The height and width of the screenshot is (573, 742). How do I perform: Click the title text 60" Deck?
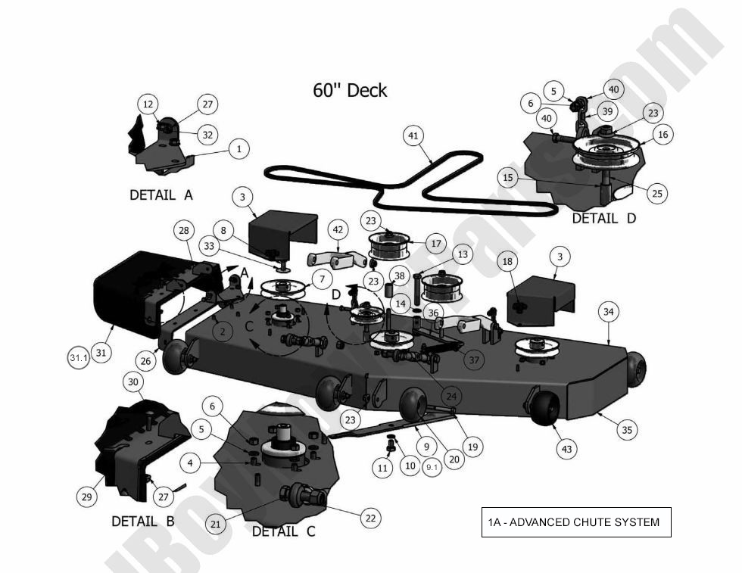pyautogui.click(x=350, y=91)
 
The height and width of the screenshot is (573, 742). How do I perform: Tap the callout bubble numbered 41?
pyautogui.click(x=413, y=136)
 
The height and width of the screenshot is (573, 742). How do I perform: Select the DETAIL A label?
pyautogui.click(x=161, y=195)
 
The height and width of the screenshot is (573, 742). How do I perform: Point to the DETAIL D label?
pyautogui.click(x=603, y=218)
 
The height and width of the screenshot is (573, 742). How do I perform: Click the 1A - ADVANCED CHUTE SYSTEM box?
pyautogui.click(x=575, y=522)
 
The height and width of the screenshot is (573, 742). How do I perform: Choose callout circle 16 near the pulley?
pyautogui.click(x=662, y=135)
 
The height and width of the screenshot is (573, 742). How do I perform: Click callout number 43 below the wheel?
pyautogui.click(x=566, y=449)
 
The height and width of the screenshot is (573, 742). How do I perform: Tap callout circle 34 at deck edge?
pyautogui.click(x=609, y=311)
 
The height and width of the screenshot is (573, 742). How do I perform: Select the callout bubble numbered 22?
pyautogui.click(x=370, y=518)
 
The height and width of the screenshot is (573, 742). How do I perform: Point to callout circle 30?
pyautogui.click(x=133, y=383)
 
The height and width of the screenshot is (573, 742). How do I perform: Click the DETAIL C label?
pyautogui.click(x=283, y=532)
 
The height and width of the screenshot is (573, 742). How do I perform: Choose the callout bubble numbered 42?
pyautogui.click(x=338, y=229)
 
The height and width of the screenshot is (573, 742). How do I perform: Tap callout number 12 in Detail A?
pyautogui.click(x=148, y=104)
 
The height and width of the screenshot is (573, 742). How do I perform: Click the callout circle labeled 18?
pyautogui.click(x=508, y=261)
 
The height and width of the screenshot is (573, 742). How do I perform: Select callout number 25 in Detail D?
pyautogui.click(x=657, y=194)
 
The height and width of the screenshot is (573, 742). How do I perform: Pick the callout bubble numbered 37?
pyautogui.click(x=474, y=360)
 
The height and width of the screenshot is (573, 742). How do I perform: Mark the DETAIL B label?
pyautogui.click(x=144, y=522)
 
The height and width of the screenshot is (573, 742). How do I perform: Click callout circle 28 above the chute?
pyautogui.click(x=183, y=229)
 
